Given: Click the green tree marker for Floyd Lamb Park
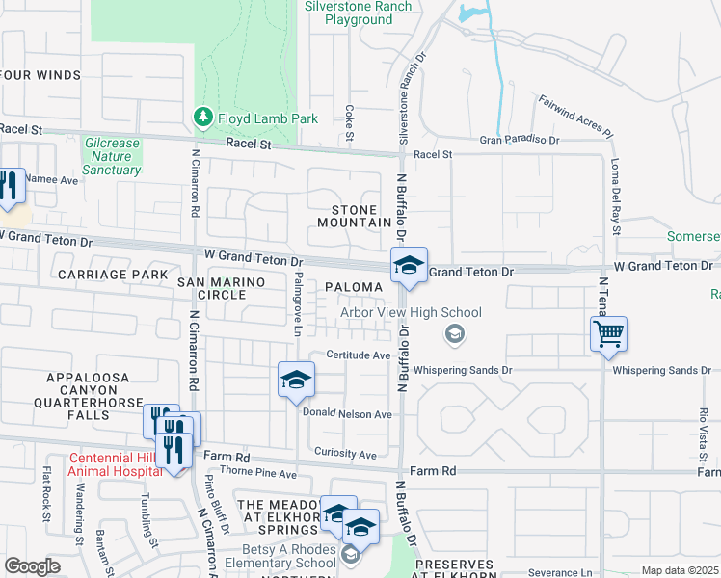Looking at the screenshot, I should coord(202,118).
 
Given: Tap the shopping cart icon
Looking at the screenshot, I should coord(608,334).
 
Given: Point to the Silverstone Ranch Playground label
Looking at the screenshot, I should coord(359,13).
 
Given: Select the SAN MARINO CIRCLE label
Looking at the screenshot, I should coord(213,287).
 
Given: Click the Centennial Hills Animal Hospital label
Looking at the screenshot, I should coord(115,465).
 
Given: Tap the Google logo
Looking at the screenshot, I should coord(32,566).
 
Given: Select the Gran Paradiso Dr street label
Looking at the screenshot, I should coord(520,141).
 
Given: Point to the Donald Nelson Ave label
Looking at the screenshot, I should coord(347,414).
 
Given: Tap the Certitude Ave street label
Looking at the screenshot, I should coord(356,355).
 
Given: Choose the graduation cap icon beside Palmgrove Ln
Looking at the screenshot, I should coord(296,379).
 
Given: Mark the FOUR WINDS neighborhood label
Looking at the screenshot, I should coord(40,75).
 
